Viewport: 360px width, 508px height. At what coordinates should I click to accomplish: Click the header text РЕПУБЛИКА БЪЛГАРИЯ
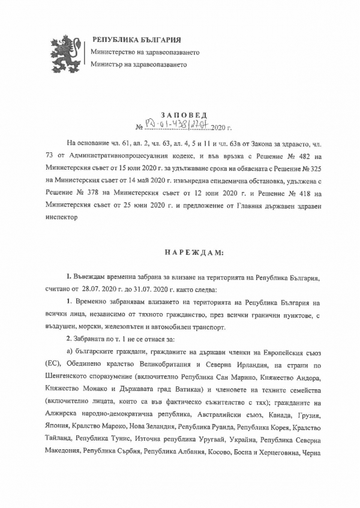pyautogui.click(x=136, y=40)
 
